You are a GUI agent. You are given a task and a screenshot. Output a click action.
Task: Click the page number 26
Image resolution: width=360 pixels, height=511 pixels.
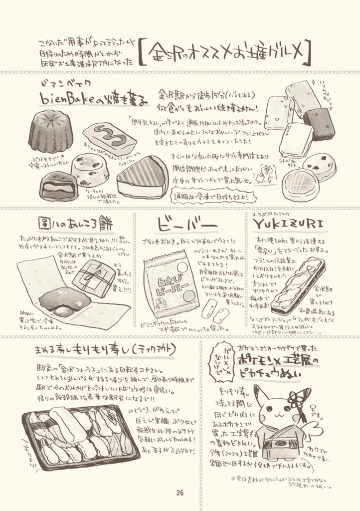tap(180, 493)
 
